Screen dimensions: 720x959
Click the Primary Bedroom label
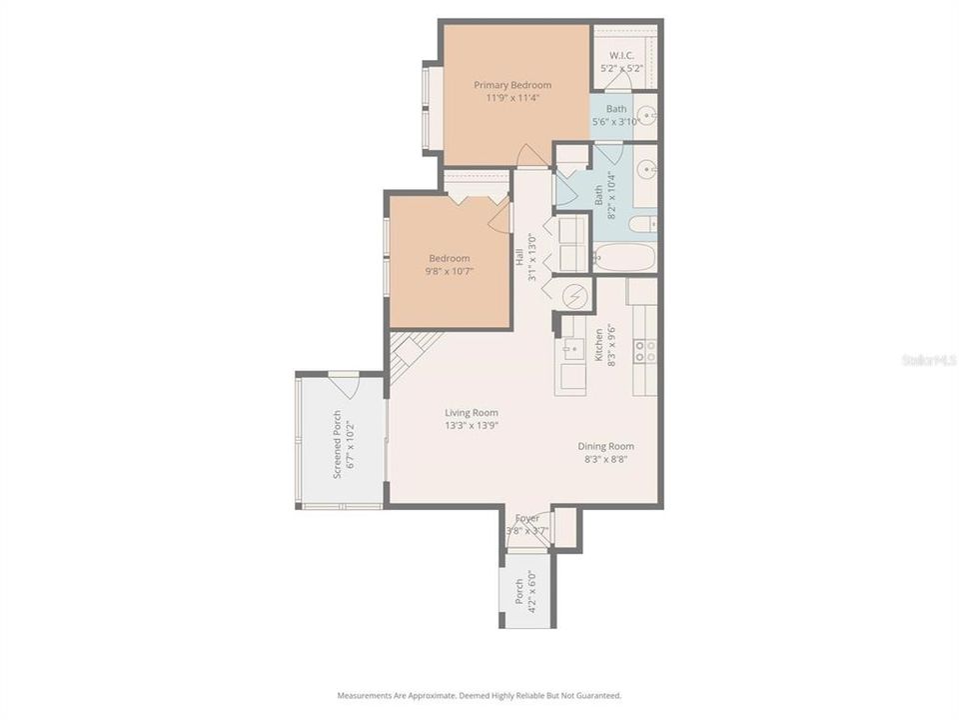(x=511, y=85)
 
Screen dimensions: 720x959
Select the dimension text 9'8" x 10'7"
(x=449, y=271)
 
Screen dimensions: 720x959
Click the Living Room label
(x=472, y=412)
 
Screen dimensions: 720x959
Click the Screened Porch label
(x=337, y=444)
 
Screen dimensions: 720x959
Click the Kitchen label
(x=598, y=346)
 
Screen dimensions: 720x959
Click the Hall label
(x=519, y=257)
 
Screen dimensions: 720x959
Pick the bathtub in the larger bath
(x=623, y=257)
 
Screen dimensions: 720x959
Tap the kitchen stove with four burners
(x=645, y=350)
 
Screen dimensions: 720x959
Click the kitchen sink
(x=571, y=349)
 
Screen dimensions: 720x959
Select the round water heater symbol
(x=574, y=295)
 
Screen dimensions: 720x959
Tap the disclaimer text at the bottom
(x=479, y=695)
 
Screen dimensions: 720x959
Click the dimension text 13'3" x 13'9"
(x=472, y=425)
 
